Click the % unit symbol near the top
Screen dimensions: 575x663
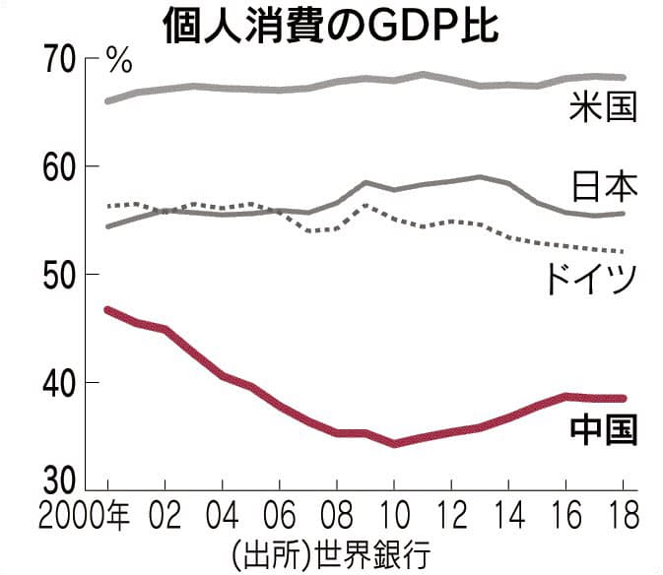pos(119,62)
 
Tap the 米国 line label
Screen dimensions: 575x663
pos(602,106)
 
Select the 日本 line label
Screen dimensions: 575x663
pos(602,185)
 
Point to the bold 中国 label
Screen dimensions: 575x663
pos(603,429)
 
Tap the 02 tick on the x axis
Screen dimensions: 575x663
pos(165,515)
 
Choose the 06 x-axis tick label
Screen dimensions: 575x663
pos(279,515)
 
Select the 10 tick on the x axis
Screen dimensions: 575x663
pos(394,515)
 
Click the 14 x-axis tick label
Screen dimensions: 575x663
pos(508,515)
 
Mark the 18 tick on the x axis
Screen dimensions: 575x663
pos(623,515)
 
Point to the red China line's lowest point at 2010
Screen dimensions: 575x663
pos(394,444)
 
